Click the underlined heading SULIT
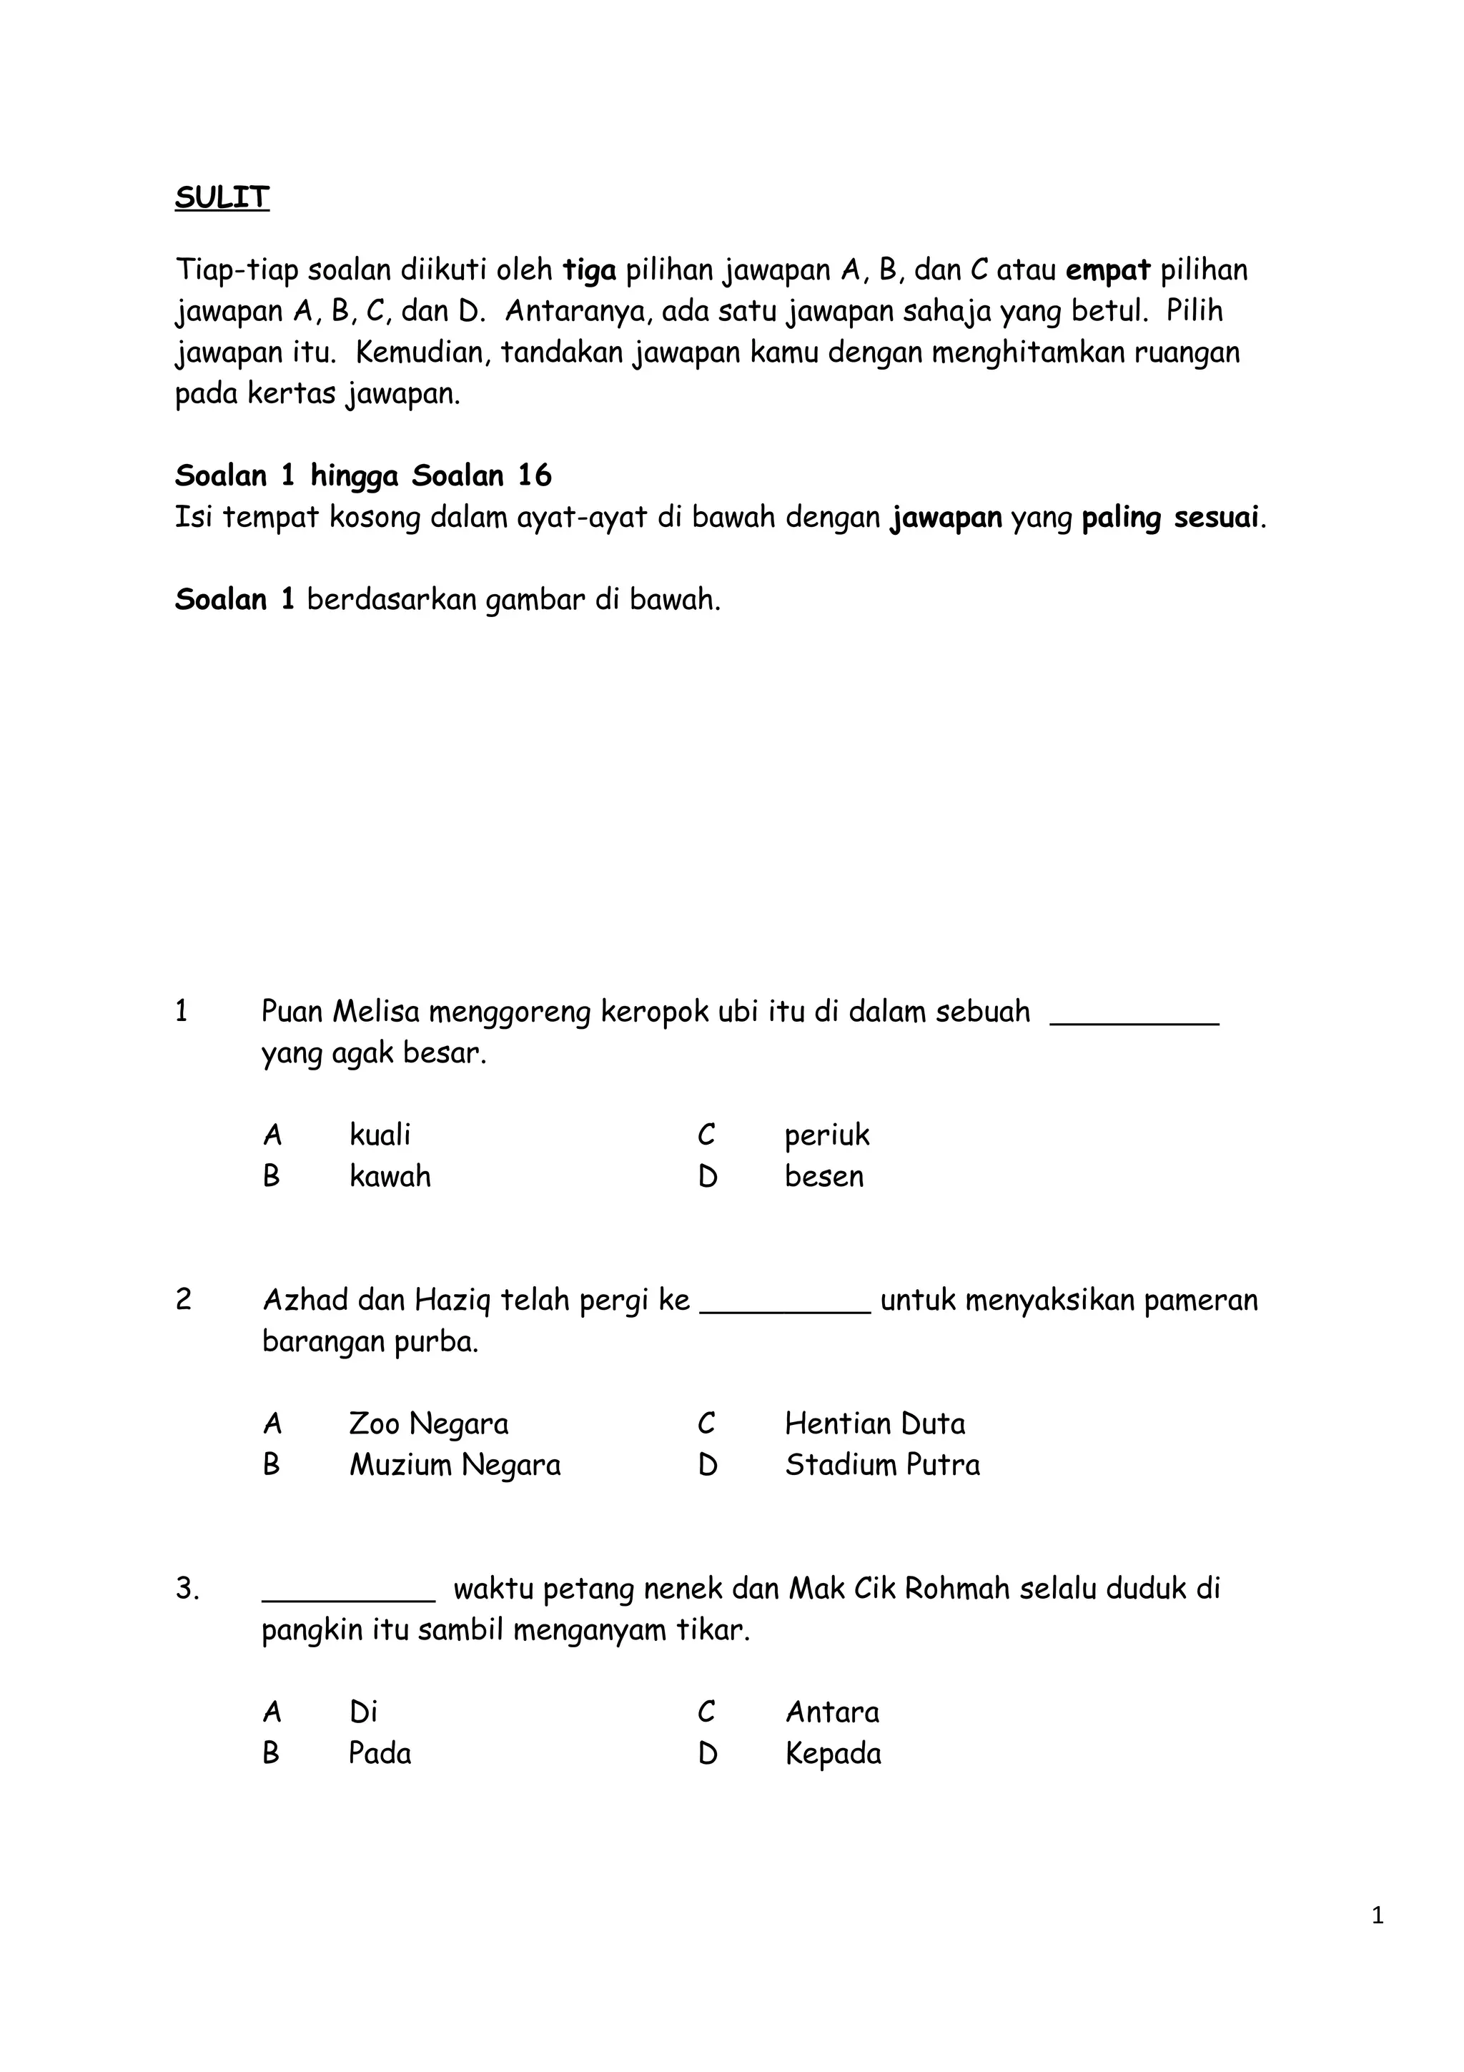(222, 197)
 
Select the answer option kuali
(380, 1135)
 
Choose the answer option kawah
(390, 1177)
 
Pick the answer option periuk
(826, 1135)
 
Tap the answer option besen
(823, 1177)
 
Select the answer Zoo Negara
(428, 1424)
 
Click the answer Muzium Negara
(455, 1465)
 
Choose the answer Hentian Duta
(874, 1424)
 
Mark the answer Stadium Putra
(881, 1465)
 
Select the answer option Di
(362, 1712)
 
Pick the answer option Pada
(380, 1753)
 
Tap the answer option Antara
(831, 1712)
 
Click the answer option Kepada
(833, 1753)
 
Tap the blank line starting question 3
(348, 1598)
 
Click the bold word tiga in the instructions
(589, 270)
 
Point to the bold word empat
(1108, 270)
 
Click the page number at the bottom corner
(1377, 1940)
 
